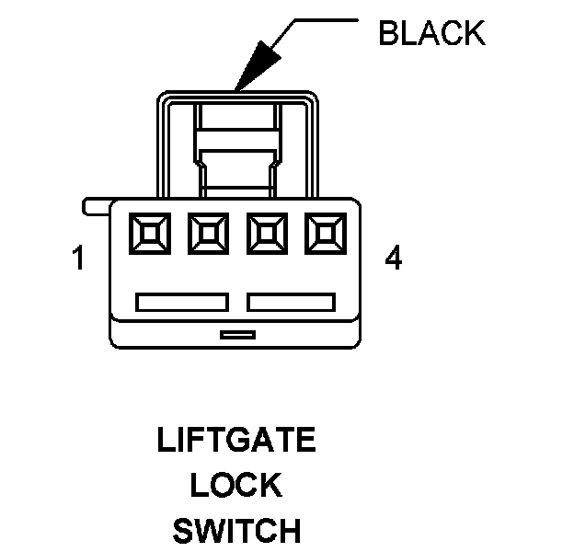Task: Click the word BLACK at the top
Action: [430, 34]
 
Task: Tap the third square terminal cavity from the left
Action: [266, 234]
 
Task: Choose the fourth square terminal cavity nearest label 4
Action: [325, 234]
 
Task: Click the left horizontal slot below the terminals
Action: [181, 302]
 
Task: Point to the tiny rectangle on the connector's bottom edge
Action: [237, 336]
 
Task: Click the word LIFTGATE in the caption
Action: [236, 441]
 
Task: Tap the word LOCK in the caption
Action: [236, 485]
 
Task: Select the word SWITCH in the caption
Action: [236, 531]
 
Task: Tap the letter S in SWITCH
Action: [182, 531]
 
